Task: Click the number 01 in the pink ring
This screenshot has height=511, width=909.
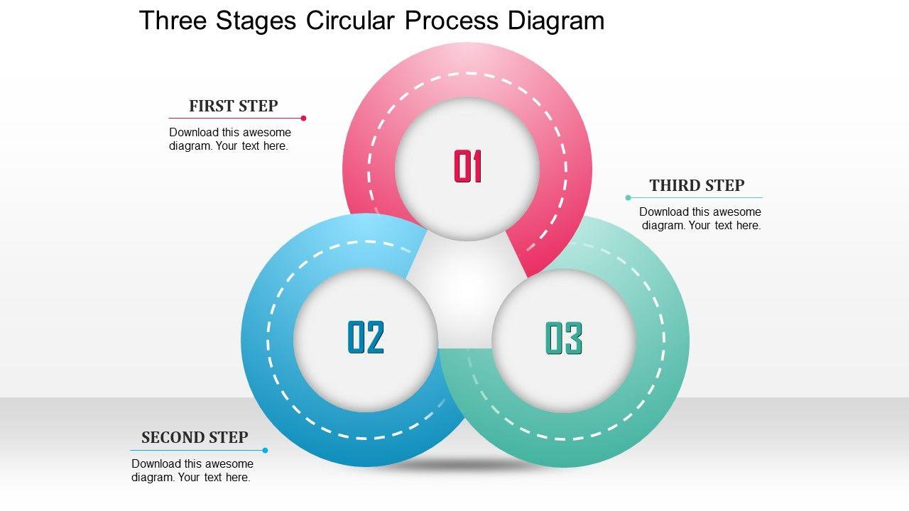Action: (468, 167)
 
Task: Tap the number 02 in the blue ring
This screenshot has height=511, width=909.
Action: (366, 338)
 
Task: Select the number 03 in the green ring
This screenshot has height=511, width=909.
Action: (564, 338)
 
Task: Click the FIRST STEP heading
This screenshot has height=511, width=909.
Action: (233, 106)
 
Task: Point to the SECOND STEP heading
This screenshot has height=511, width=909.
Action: (195, 437)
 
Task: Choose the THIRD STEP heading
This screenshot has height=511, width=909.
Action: (697, 186)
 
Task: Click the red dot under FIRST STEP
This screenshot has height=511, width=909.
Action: (303, 119)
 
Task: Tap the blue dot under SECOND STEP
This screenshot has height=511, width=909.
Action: (265, 450)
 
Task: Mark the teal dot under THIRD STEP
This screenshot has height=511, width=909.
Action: (628, 197)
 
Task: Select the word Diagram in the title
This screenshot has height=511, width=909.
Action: (556, 21)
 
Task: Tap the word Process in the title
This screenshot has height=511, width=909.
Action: (452, 21)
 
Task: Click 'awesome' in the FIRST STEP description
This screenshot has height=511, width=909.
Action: (268, 132)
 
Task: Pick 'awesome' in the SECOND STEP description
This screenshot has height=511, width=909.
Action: (231, 464)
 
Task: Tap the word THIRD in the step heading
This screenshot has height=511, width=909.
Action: (673, 186)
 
